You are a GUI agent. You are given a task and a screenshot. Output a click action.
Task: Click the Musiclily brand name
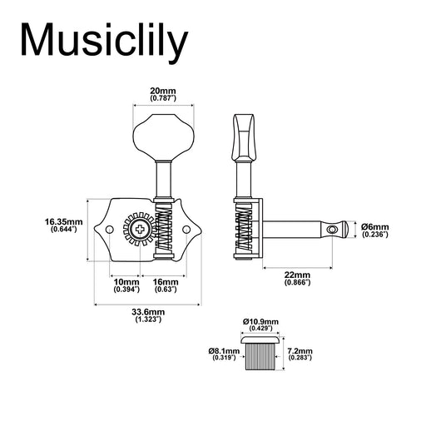(105, 40)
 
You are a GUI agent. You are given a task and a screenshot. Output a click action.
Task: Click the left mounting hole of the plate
(108, 228)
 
